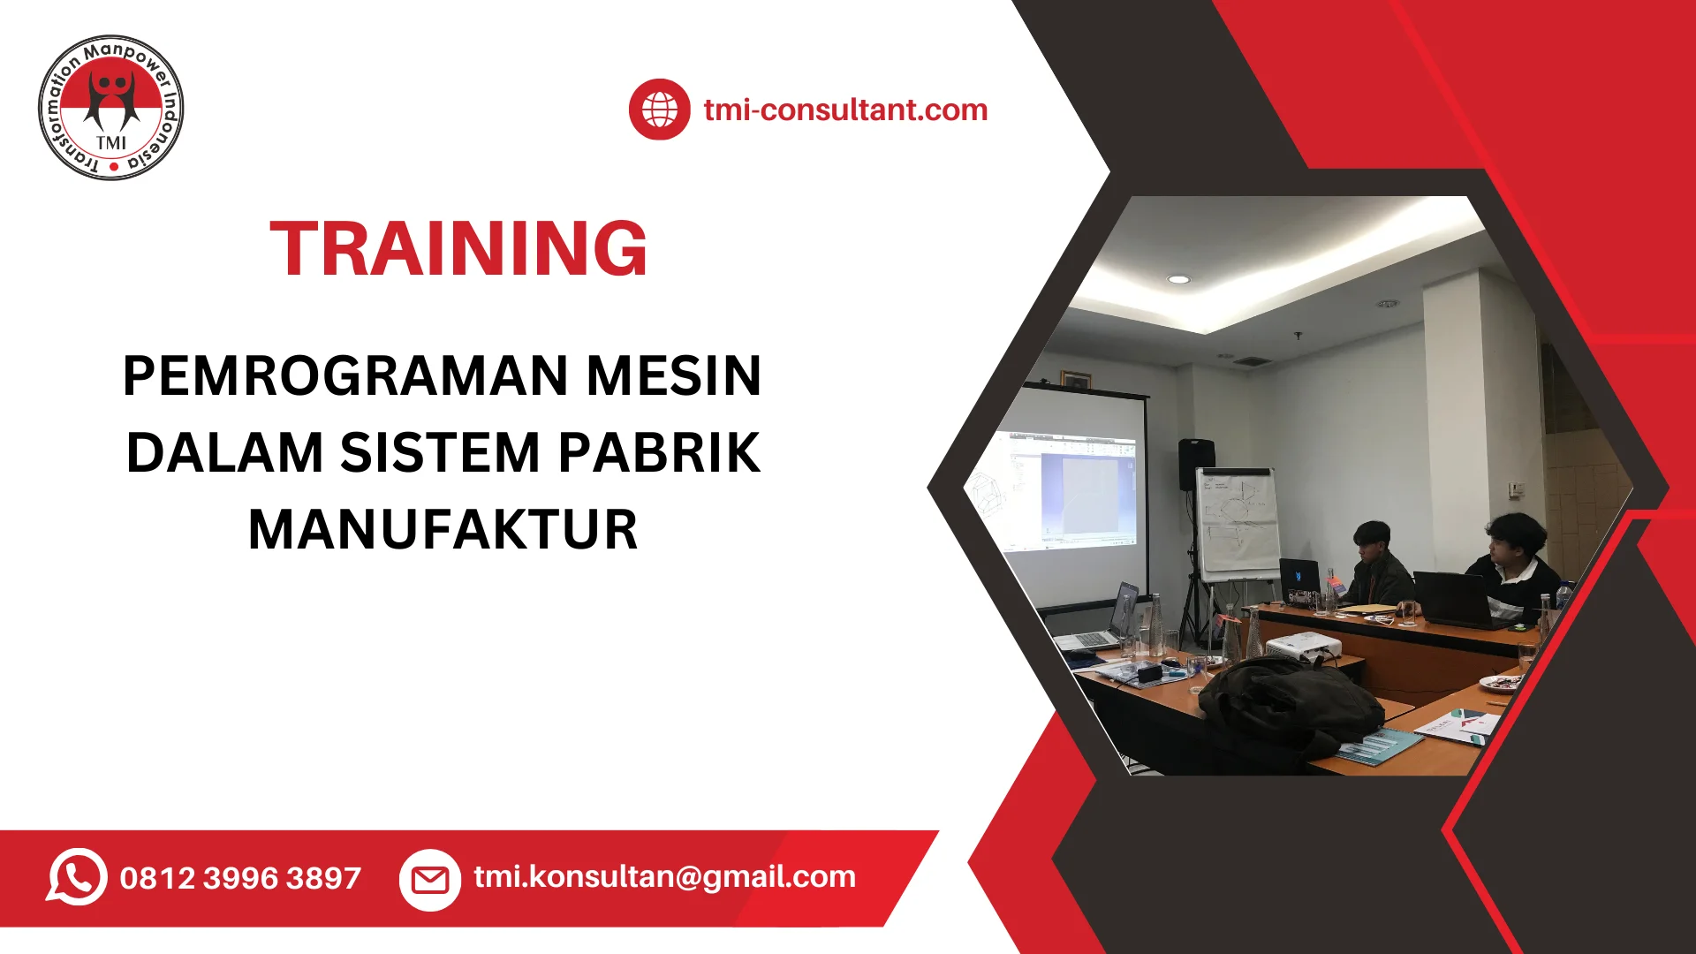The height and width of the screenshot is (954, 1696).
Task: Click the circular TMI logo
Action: (111, 108)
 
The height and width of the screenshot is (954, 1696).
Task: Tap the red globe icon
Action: (659, 110)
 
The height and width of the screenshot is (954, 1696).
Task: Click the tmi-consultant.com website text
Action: (845, 110)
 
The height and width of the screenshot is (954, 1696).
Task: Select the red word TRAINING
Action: (458, 249)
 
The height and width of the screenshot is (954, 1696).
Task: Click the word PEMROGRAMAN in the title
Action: (345, 375)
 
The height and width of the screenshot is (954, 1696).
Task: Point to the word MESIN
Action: (674, 375)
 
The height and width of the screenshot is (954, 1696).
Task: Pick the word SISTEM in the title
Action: (440, 452)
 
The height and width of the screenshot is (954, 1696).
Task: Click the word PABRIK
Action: (659, 452)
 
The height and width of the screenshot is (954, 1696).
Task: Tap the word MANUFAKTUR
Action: (443, 529)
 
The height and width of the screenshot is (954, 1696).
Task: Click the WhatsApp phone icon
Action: (77, 876)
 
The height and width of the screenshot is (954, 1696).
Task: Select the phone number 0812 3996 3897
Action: (240, 878)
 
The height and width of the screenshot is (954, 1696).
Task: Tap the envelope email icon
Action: (430, 879)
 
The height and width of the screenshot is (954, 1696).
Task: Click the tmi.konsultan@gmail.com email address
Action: (665, 876)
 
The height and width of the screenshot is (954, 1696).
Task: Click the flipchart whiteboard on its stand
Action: (1237, 526)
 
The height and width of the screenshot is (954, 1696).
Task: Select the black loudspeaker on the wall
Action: (1196, 464)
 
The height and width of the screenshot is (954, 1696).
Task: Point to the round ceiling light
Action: (1178, 279)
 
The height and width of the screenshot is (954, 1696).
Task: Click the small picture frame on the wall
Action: (1075, 380)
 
